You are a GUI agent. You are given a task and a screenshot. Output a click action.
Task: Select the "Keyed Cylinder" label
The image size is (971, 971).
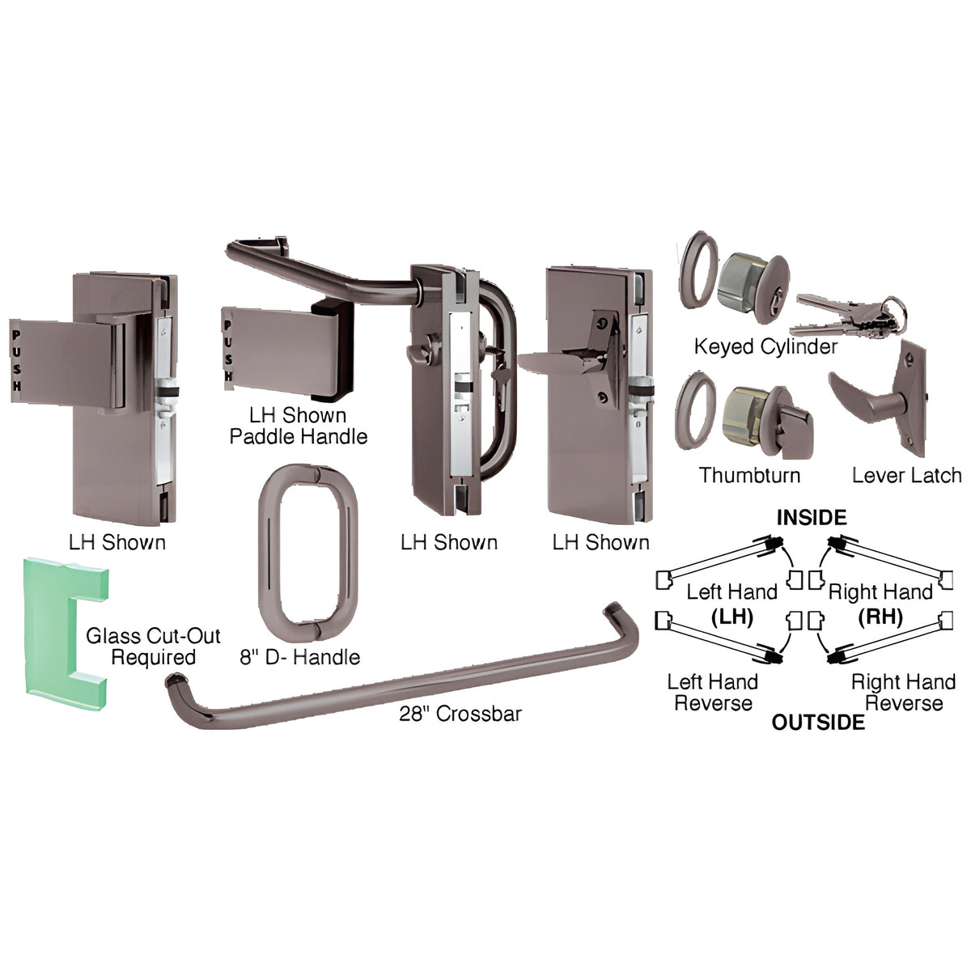[x=765, y=346]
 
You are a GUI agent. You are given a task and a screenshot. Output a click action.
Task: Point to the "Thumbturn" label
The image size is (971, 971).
[x=749, y=475]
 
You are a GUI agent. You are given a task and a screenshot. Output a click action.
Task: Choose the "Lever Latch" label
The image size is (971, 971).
[x=906, y=475]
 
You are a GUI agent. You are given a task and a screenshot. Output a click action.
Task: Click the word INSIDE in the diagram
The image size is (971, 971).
[x=812, y=518]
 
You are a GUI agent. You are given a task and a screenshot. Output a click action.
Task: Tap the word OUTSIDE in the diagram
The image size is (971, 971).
[x=818, y=722]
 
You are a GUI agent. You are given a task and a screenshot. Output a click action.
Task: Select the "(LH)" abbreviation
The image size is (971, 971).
[x=731, y=617]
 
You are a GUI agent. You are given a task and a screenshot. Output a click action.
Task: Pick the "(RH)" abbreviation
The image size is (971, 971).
[x=880, y=617]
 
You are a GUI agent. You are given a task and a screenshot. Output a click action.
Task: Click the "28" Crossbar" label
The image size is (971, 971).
[x=460, y=714]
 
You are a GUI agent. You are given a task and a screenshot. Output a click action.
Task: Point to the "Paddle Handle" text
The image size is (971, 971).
[x=299, y=436]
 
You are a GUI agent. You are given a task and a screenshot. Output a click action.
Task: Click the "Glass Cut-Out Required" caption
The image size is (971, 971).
[x=153, y=647]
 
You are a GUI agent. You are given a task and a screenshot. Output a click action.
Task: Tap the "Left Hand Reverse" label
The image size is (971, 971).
[x=713, y=693]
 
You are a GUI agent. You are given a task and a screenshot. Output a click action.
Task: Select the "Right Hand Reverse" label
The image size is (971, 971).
[x=904, y=693]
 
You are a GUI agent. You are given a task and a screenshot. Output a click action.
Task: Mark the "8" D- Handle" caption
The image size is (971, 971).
[x=300, y=657]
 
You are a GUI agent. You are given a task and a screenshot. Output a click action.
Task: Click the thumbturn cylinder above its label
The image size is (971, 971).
[x=767, y=421]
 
